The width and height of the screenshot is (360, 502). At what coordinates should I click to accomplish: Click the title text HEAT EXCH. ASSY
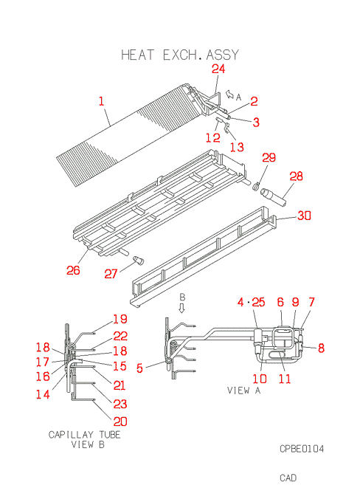180,55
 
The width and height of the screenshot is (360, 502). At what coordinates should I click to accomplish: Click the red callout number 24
218,69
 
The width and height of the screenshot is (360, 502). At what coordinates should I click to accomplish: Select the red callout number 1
102,101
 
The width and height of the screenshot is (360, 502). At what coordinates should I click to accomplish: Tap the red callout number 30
304,216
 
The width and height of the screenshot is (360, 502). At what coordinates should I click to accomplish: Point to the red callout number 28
296,176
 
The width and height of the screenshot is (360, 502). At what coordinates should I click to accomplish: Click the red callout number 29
269,157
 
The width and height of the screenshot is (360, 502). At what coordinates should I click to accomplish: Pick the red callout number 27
111,274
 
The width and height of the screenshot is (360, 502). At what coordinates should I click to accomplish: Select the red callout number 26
73,270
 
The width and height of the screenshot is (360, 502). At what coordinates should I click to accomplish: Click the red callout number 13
237,147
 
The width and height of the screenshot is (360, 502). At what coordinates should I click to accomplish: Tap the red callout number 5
139,368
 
